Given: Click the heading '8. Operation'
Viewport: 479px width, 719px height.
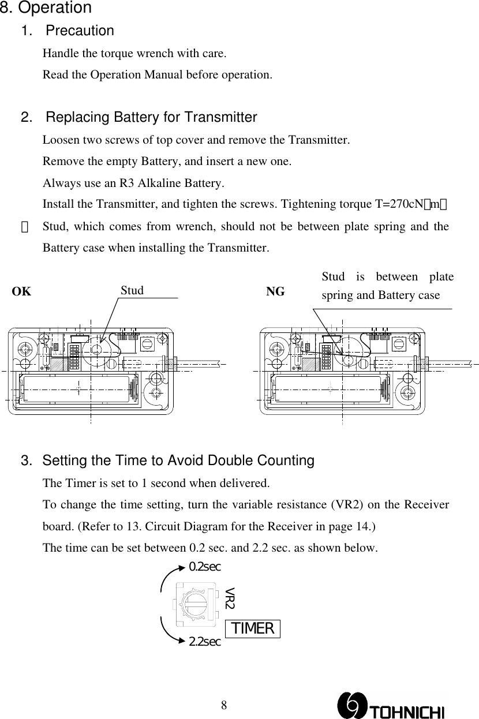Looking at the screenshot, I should tap(46, 9).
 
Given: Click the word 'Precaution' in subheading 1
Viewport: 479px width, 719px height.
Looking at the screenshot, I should tap(79, 31).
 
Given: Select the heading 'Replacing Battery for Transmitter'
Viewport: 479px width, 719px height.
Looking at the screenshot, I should tap(151, 118).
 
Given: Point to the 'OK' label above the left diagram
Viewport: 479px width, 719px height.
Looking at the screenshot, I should tap(22, 291).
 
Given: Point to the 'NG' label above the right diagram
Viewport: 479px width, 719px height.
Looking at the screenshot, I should tap(275, 292).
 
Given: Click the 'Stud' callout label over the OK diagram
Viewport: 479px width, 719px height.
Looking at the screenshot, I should tap(132, 290).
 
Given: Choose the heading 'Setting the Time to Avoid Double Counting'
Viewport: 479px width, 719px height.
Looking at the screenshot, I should tap(178, 461).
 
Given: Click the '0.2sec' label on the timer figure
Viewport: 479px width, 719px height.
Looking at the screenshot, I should tap(205, 567).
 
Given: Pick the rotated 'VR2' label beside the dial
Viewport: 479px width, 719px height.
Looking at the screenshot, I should tap(230, 598).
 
